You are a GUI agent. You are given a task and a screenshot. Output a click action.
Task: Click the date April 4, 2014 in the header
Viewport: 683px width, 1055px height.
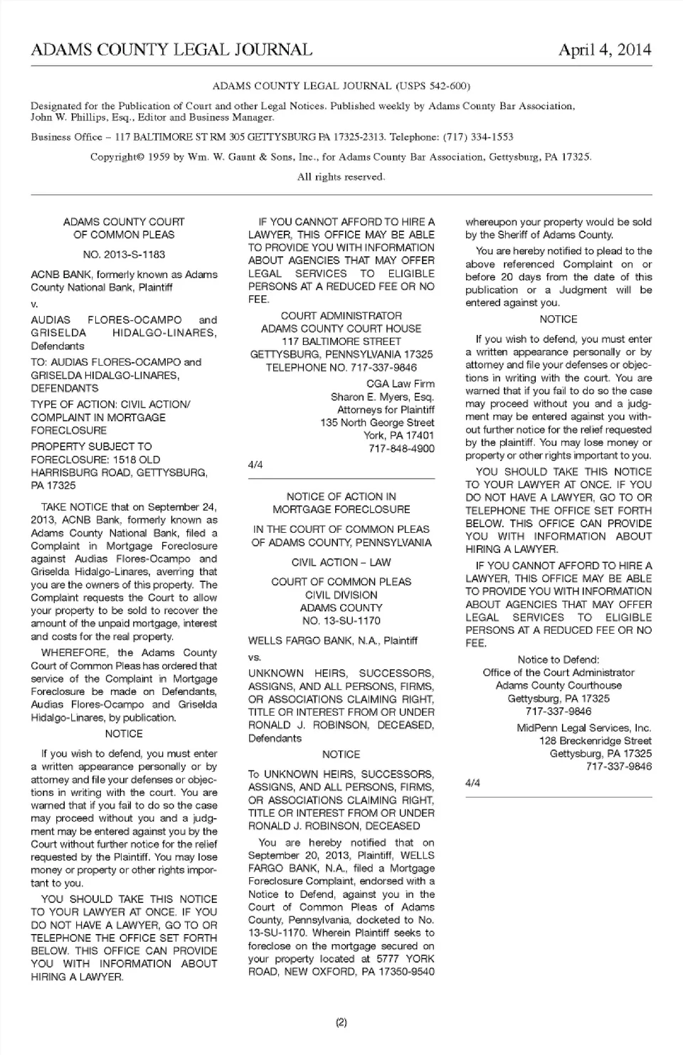click(604, 50)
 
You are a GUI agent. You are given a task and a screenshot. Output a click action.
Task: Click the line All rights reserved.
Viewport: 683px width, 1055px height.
click(341, 176)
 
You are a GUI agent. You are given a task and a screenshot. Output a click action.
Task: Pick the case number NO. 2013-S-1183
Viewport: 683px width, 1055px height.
click(124, 254)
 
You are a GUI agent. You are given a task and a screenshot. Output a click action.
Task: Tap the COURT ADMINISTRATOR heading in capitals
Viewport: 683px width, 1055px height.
click(341, 315)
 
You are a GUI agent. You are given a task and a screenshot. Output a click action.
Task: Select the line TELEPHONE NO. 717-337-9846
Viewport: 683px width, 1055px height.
click(341, 367)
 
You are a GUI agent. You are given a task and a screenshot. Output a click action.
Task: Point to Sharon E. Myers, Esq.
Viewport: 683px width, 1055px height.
click(382, 396)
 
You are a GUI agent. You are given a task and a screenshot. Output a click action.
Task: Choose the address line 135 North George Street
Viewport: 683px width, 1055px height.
click(377, 423)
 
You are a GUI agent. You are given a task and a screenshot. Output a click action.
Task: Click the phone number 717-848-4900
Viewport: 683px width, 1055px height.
click(401, 448)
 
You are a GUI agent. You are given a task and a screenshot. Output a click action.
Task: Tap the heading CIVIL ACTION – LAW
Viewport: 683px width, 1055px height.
click(341, 562)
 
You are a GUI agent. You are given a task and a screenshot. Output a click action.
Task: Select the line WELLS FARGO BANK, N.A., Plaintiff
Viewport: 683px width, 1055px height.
click(332, 640)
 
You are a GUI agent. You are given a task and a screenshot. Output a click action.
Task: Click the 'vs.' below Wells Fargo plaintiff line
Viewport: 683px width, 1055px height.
click(255, 657)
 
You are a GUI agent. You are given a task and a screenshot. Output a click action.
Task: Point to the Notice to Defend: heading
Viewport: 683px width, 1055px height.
click(558, 659)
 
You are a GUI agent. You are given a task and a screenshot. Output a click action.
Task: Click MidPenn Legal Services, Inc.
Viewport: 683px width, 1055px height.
click(583, 728)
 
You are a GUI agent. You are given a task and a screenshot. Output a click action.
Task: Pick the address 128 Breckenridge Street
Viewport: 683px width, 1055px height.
click(595, 741)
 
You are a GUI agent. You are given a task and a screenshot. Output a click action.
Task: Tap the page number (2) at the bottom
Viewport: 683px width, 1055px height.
click(341, 1023)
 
